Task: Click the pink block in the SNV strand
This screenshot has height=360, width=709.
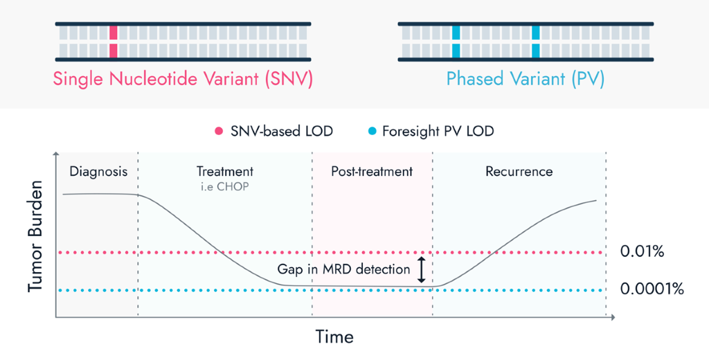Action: tap(114, 42)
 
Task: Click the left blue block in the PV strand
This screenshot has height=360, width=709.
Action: tap(456, 42)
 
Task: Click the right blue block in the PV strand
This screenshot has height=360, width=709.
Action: tap(536, 42)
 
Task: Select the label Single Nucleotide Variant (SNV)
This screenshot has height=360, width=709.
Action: tap(183, 79)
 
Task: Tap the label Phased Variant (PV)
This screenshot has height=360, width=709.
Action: tap(525, 79)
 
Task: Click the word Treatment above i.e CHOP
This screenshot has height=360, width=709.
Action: tap(225, 171)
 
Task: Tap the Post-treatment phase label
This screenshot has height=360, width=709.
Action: tap(373, 171)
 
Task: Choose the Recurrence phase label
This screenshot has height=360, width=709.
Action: tap(519, 171)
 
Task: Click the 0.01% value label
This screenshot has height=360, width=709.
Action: tap(642, 252)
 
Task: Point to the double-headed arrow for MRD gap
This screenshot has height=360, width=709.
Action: tap(422, 269)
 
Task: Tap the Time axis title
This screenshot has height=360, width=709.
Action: tap(334, 337)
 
